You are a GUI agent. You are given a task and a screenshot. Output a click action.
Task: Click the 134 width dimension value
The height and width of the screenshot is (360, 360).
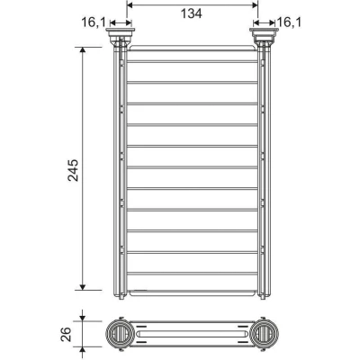192,13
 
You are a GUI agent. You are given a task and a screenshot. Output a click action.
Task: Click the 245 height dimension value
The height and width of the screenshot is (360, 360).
73,170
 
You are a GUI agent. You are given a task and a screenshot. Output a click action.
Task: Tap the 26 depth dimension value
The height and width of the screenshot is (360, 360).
67,334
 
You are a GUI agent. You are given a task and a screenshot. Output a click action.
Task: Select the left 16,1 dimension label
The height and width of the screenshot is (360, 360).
94,22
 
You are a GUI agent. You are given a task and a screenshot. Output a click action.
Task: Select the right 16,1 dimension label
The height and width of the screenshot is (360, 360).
289,22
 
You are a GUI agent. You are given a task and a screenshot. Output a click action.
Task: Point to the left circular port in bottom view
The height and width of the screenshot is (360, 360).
120,334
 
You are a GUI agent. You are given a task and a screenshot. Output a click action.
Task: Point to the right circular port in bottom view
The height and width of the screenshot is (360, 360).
265,334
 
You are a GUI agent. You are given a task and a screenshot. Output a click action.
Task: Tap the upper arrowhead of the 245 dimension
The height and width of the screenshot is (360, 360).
83,50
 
